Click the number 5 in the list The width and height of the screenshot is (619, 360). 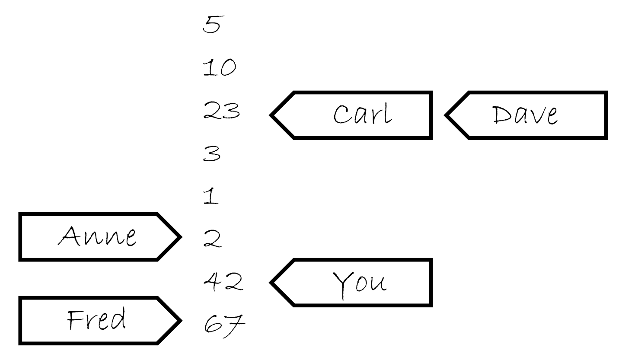tap(211, 25)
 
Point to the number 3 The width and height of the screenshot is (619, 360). tap(211, 154)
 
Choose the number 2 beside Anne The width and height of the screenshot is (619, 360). tap(212, 239)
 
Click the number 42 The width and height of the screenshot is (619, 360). tap(223, 281)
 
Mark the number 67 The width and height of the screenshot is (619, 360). tap(223, 322)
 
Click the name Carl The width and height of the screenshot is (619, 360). tap(363, 115)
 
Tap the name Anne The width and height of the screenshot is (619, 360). tap(98, 236)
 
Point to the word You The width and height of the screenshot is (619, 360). tap(360, 283)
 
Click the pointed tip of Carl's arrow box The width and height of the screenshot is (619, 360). tap(271, 115)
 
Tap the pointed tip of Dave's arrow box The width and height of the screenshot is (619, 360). tap(446, 115)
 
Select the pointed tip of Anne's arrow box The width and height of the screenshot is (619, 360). tap(180, 237)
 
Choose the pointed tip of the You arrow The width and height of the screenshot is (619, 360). tap(271, 283)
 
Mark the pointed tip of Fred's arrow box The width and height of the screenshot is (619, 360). tap(180, 320)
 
